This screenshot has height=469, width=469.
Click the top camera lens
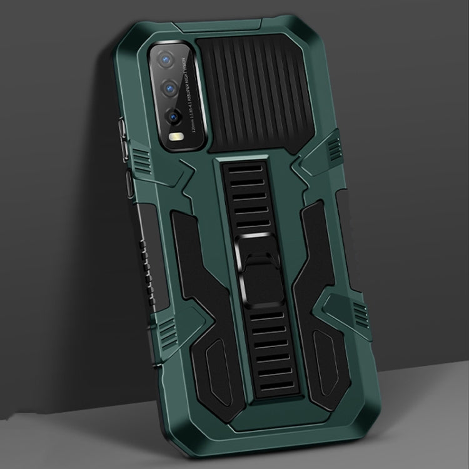coord(167,59)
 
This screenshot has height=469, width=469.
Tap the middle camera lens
coord(168,89)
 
